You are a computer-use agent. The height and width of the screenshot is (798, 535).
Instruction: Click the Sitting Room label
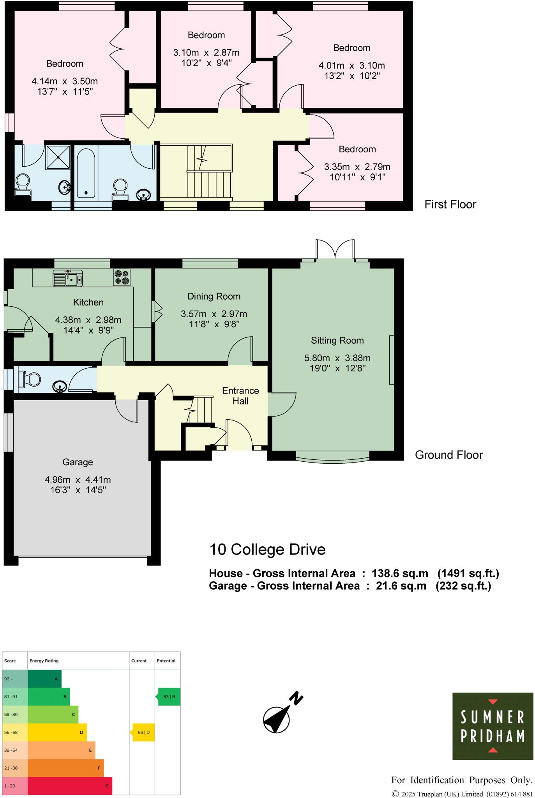point(337,341)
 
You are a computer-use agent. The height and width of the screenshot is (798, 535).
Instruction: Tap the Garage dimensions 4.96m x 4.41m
point(78,480)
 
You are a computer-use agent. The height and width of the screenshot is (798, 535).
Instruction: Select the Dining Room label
point(214,297)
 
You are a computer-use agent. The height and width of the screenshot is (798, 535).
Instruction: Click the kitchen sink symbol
point(68,278)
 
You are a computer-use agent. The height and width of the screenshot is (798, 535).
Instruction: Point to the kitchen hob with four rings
point(122,277)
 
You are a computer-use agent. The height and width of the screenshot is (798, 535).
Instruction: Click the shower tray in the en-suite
point(58,157)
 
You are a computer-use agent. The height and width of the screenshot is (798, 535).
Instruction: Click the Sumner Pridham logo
point(493,726)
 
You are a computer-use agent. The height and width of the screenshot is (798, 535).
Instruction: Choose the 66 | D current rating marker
point(144,733)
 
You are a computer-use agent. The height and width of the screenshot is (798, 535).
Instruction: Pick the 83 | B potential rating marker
point(169,697)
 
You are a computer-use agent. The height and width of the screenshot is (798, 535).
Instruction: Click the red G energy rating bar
point(70,786)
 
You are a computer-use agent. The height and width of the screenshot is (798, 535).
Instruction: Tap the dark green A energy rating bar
point(44,679)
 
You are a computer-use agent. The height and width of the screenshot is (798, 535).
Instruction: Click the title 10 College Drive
point(267,549)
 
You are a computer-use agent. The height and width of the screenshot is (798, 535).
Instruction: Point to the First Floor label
point(450,205)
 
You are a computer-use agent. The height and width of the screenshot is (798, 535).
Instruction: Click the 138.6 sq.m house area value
point(400,574)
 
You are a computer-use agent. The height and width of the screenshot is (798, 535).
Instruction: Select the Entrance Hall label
point(240,396)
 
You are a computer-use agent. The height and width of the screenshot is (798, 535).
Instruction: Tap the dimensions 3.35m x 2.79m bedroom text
point(357,167)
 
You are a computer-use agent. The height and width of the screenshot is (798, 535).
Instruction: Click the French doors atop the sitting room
point(335,249)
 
